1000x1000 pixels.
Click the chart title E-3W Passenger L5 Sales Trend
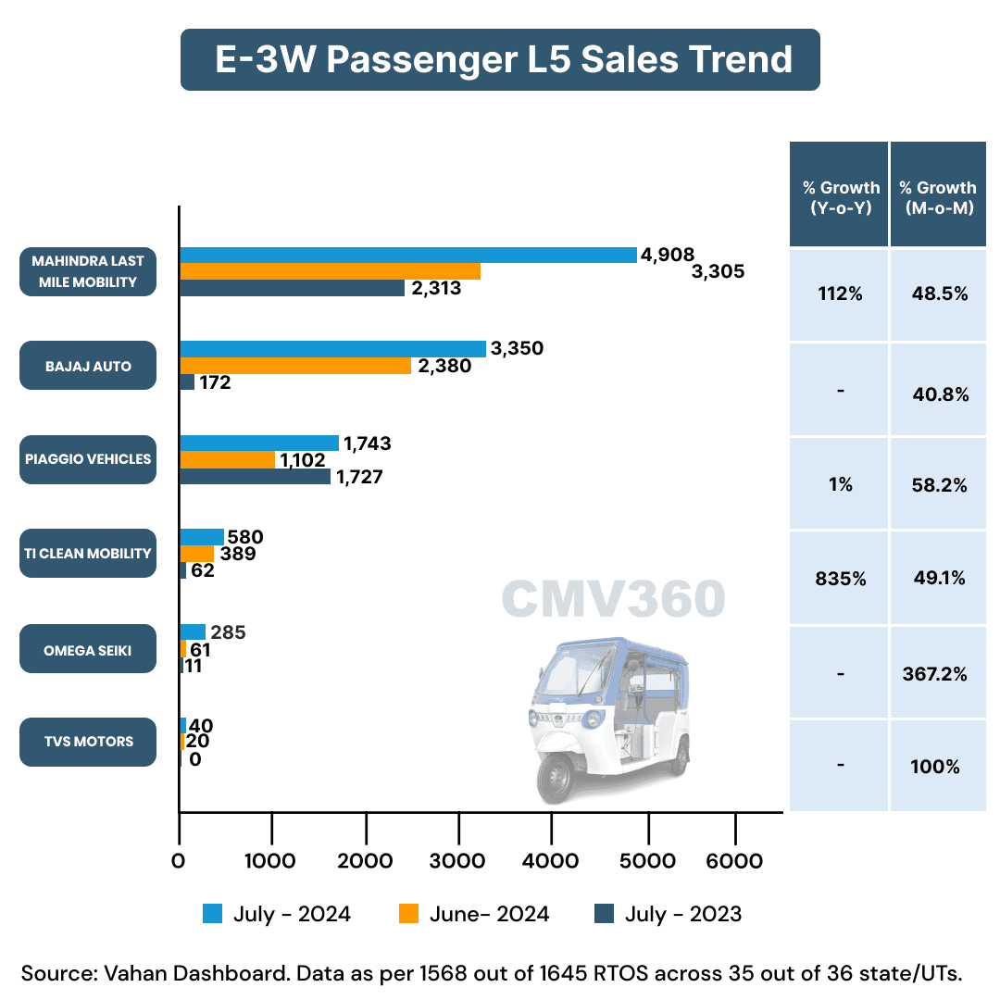click(500, 59)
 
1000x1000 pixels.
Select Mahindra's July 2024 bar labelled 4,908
click(407, 255)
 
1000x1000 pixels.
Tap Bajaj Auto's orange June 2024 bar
click(295, 366)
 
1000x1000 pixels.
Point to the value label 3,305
click(719, 271)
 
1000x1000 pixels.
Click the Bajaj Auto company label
click(88, 366)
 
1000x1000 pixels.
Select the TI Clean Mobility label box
click(88, 554)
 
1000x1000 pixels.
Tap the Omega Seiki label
click(88, 650)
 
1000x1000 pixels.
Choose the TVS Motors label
click(88, 741)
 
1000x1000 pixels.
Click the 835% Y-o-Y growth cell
click(840, 579)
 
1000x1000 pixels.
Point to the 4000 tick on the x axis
click(551, 861)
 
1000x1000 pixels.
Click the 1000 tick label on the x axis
click(272, 861)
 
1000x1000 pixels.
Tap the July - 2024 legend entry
click(278, 914)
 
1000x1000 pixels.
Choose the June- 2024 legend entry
click(474, 914)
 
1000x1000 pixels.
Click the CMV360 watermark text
click(613, 599)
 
